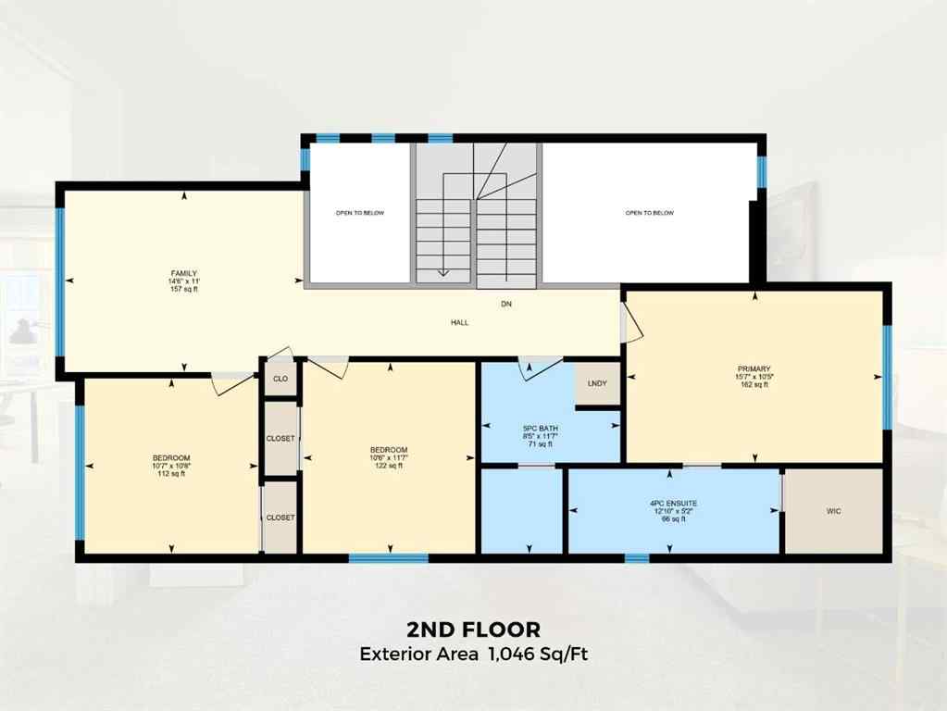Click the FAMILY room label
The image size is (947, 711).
[184, 273]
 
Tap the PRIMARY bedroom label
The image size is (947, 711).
[754, 368]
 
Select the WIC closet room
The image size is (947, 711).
[833, 511]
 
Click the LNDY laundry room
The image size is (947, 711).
[597, 383]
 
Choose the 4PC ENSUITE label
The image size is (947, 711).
[672, 505]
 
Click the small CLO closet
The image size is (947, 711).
[280, 379]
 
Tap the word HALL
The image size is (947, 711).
[459, 323]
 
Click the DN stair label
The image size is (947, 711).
[505, 304]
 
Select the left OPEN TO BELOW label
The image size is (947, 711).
[359, 213]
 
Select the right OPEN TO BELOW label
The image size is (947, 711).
[649, 213]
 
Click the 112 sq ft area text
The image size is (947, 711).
[171, 474]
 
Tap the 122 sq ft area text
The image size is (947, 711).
[389, 467]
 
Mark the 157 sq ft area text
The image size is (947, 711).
[184, 289]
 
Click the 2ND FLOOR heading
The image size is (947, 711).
[473, 630]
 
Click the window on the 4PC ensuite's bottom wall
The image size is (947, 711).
[636, 557]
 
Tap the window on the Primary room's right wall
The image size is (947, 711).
[886, 378]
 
